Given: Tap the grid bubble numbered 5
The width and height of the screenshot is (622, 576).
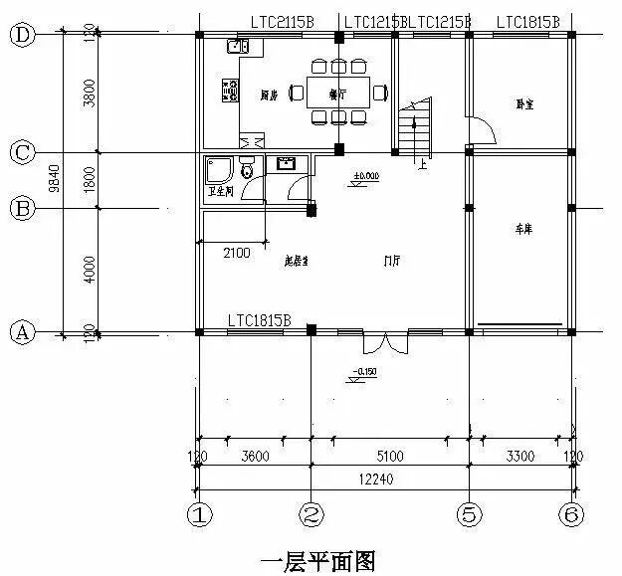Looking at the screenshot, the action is (x=469, y=516).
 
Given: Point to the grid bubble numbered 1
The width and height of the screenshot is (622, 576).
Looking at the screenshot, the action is (x=200, y=516).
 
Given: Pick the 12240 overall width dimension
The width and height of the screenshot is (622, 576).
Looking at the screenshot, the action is (x=381, y=479).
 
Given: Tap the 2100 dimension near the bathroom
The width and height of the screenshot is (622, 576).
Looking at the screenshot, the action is (x=236, y=254).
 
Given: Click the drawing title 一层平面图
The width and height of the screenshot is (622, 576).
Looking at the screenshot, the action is (x=317, y=563).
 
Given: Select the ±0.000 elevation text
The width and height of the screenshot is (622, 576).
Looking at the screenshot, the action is (x=366, y=176).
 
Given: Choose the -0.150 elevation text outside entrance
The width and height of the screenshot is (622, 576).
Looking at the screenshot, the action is (x=363, y=371).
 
